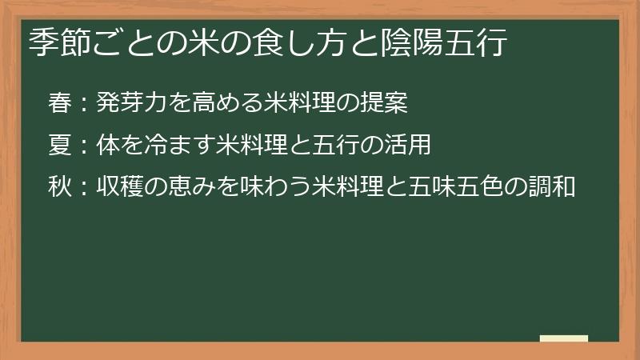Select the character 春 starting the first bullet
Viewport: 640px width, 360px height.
(60, 102)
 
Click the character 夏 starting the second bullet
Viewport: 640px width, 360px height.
(60, 146)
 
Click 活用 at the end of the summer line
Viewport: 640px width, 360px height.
(410, 146)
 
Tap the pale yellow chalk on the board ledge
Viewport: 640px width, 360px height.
(564, 338)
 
